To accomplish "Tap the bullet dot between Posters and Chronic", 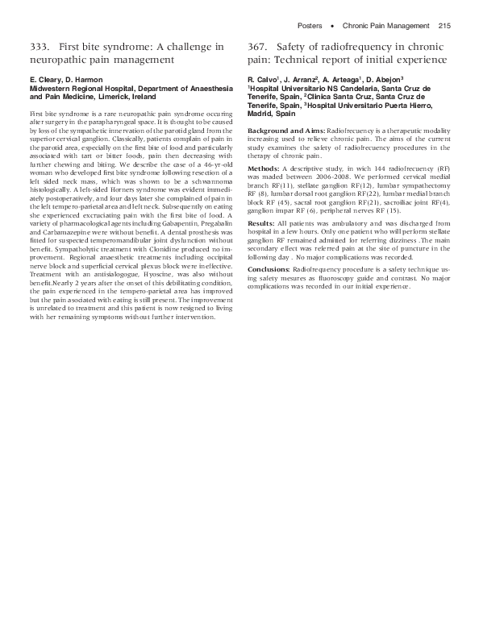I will point(333,27).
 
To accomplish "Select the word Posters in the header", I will point(310,27).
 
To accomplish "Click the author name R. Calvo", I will point(262,81).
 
